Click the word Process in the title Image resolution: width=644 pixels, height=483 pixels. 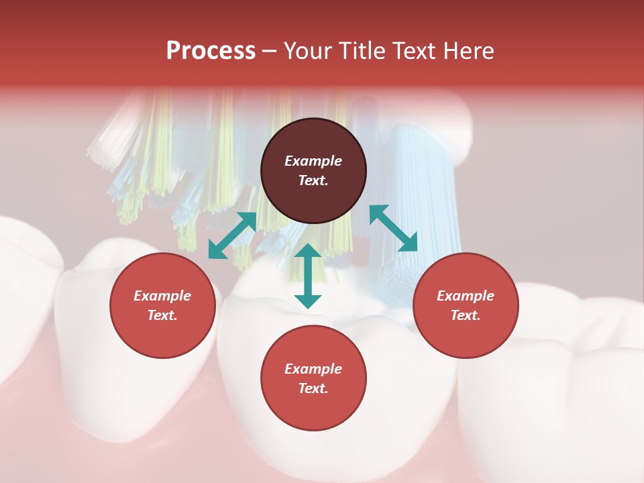coord(211,51)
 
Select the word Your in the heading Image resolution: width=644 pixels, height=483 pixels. coord(307,51)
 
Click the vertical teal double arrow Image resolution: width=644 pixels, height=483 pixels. coord(308,276)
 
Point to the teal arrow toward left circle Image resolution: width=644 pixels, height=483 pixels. coord(232,235)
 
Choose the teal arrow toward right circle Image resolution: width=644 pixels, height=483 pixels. coord(394,228)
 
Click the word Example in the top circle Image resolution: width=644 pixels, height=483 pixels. coord(313,161)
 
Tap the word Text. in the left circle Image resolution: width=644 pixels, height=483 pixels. coord(162,315)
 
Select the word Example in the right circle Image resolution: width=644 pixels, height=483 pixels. coord(466,296)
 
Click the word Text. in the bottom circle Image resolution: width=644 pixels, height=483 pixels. coord(313,388)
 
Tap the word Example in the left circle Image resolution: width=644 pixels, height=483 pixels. coord(162,296)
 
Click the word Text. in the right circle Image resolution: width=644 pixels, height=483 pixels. coord(466,315)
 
